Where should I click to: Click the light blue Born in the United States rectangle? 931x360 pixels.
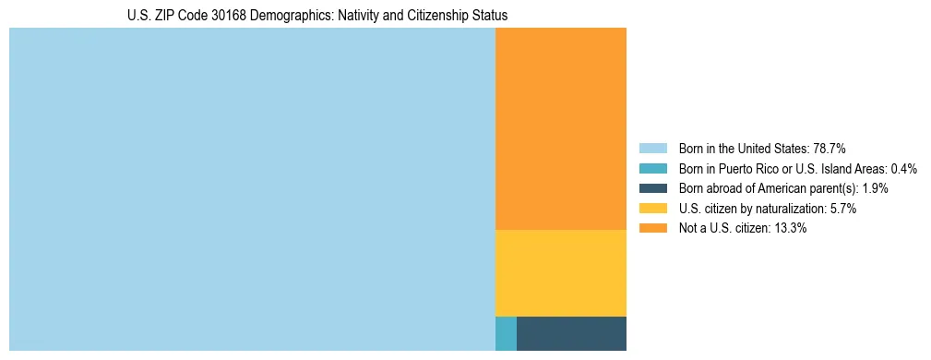click(252, 189)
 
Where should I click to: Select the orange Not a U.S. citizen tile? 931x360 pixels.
click(561, 128)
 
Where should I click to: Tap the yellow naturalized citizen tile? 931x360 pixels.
click(561, 273)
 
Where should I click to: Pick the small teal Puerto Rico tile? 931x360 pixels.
click(506, 333)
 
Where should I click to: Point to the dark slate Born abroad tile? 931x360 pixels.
click(571, 333)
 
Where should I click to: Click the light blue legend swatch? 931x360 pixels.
click(652, 148)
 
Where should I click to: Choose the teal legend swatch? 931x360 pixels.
click(652, 168)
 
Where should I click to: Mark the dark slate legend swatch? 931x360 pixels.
click(652, 188)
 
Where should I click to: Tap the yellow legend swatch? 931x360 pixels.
click(652, 209)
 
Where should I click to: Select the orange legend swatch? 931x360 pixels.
click(652, 229)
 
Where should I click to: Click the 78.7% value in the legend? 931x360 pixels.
click(830, 148)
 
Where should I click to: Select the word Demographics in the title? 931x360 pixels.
click(268, 16)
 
